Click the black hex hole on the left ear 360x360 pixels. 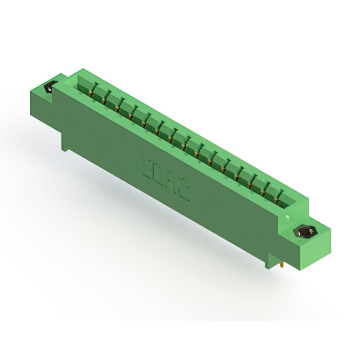(x=49, y=88)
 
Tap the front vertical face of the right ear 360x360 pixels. (x=312, y=250)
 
